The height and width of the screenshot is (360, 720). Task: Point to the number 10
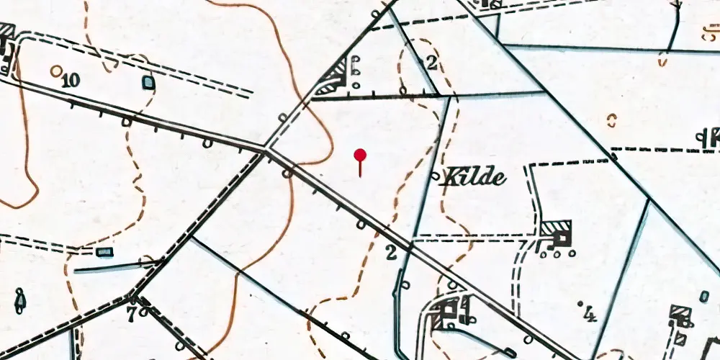70,80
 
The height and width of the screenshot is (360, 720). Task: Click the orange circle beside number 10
56,70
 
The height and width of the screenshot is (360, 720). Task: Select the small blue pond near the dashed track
148,83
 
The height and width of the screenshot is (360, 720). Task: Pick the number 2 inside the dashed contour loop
431,63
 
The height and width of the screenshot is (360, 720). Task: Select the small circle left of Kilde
434,175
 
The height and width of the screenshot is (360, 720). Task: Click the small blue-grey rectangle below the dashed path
105,251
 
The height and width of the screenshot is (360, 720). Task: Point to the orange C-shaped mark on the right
612,120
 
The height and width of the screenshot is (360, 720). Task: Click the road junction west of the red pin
266,149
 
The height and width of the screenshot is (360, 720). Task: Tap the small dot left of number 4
580,305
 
